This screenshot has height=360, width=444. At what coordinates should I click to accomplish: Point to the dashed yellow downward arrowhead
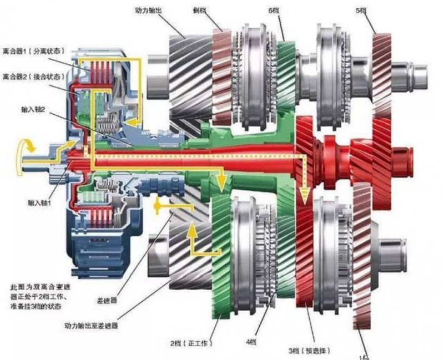[303, 194]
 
